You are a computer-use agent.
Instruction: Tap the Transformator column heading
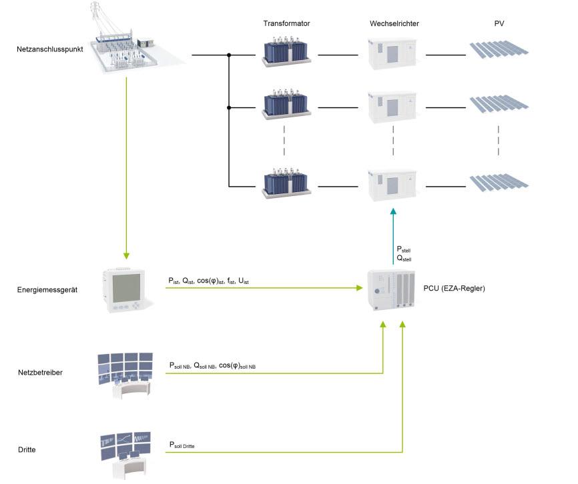click(x=286, y=23)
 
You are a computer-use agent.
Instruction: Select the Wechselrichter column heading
click(x=394, y=23)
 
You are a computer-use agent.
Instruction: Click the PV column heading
click(x=499, y=23)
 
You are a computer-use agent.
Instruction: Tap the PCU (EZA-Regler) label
click(x=454, y=288)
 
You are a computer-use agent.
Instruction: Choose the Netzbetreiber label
click(x=41, y=372)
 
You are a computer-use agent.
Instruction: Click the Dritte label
click(x=28, y=450)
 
